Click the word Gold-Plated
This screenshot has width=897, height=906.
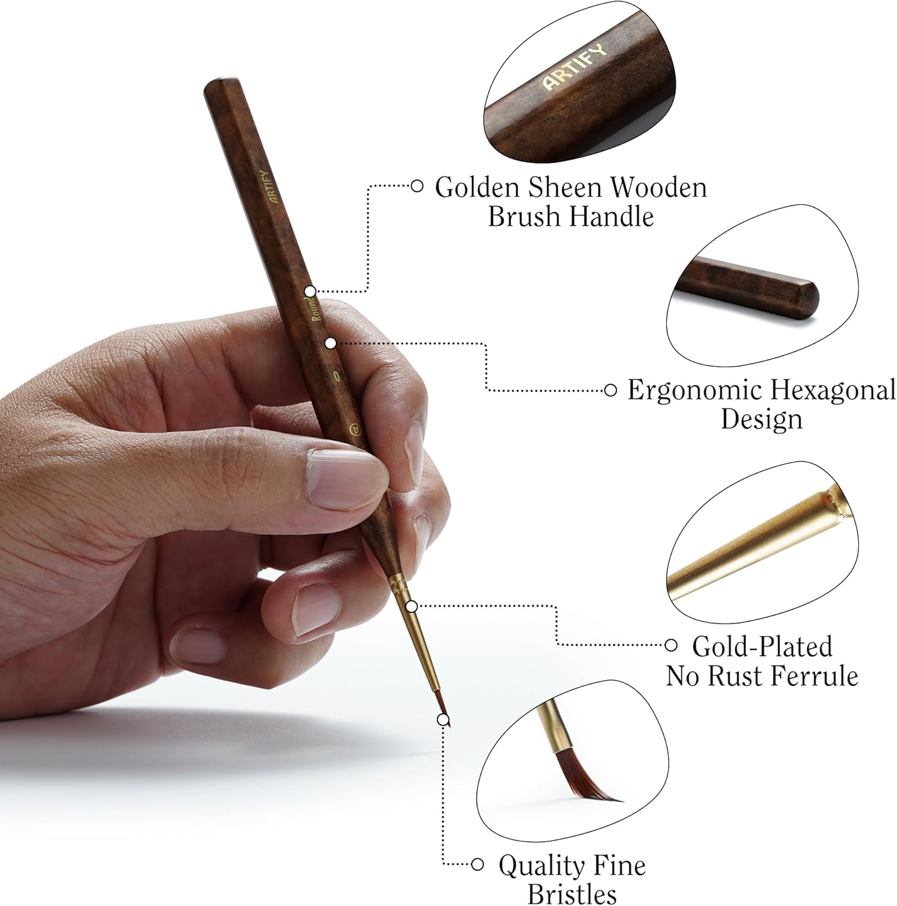762,646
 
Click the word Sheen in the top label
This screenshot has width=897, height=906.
566,187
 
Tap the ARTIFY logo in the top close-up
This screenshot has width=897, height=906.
574,66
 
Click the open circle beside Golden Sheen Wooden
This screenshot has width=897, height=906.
416,186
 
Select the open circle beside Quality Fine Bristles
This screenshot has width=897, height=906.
477,865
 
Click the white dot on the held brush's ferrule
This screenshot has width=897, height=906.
411,606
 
